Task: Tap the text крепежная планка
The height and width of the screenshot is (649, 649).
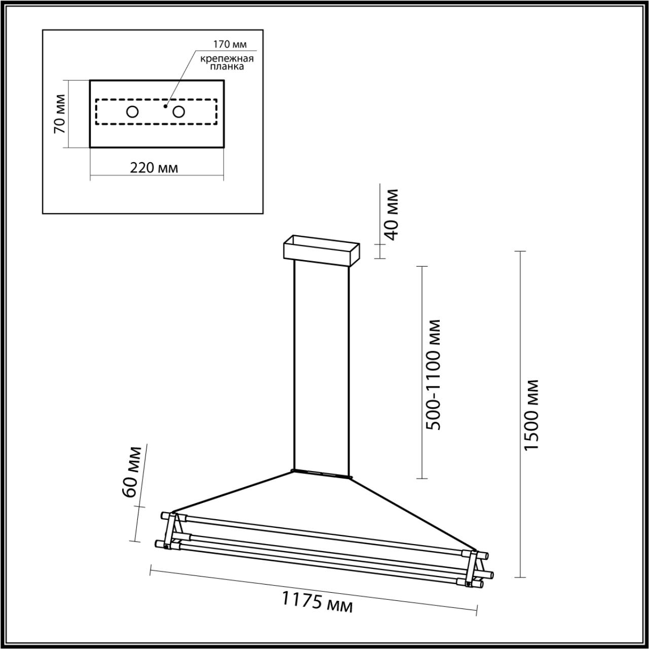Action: click(x=226, y=62)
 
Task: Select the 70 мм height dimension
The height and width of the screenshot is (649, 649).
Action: click(x=59, y=114)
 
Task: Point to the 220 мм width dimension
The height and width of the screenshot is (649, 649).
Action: click(x=154, y=167)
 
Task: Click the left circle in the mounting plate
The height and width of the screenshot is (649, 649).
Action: click(x=132, y=112)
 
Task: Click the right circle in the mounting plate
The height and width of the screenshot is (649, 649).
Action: click(x=178, y=112)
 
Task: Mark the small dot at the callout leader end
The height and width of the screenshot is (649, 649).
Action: click(x=165, y=106)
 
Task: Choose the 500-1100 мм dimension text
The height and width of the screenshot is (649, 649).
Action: click(x=432, y=374)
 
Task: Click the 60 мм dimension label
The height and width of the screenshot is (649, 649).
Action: click(x=131, y=472)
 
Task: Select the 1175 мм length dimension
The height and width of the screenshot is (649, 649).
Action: click(x=317, y=601)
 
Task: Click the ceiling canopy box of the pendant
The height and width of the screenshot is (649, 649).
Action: click(x=321, y=251)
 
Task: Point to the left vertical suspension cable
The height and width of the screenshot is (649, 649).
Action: click(x=294, y=365)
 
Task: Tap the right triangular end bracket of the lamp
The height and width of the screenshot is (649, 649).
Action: click(x=473, y=568)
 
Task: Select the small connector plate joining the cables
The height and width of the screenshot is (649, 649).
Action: click(x=320, y=474)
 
